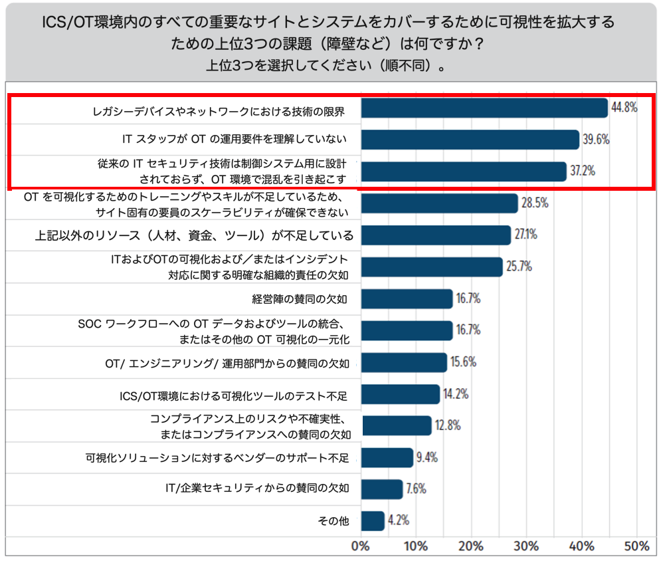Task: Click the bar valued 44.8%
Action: tap(484, 108)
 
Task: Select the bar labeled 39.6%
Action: tap(470, 140)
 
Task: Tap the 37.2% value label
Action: tap(582, 171)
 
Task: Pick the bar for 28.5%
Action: tap(439, 203)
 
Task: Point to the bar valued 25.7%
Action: tap(431, 267)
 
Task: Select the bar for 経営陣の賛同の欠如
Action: tap(407, 298)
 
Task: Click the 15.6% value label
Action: tap(464, 362)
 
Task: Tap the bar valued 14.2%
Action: tap(400, 394)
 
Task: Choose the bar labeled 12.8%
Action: tap(396, 425)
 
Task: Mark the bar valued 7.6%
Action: tap(382, 489)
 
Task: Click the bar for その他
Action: tap(373, 521)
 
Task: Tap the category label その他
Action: tap(333, 521)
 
